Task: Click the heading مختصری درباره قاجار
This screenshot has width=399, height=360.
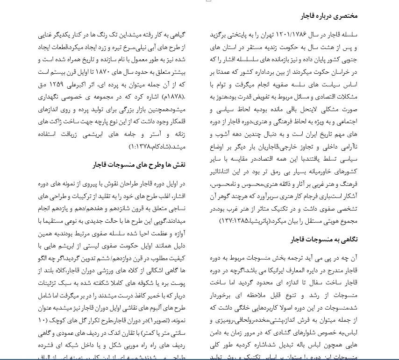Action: click(329, 15)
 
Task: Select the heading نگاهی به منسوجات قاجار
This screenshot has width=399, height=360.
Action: click(324, 239)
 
